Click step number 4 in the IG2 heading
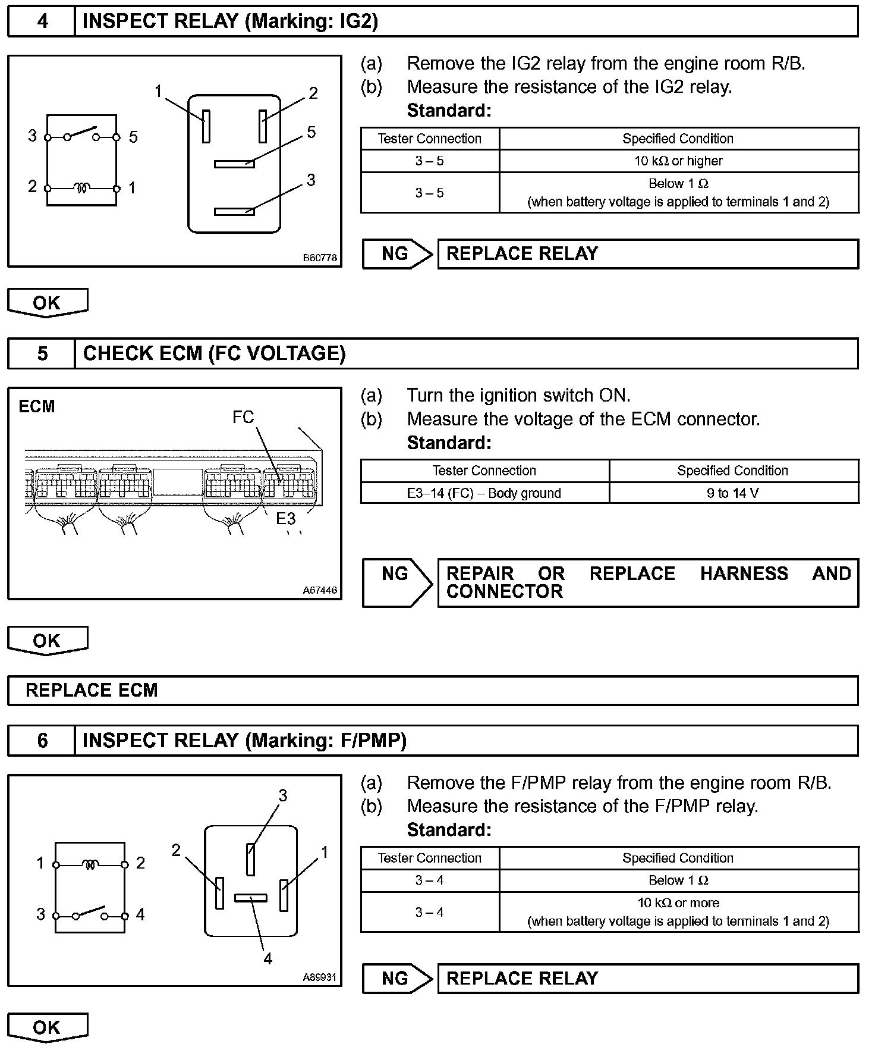[x=42, y=21]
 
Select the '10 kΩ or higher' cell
[x=678, y=161]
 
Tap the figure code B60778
[x=320, y=258]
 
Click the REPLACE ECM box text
[x=92, y=690]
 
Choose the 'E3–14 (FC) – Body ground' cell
[x=484, y=493]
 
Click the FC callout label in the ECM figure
[x=243, y=418]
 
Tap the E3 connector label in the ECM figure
[x=285, y=519]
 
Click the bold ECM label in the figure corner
[x=37, y=407]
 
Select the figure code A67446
[x=320, y=590]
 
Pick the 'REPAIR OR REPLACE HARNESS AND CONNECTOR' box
[x=648, y=582]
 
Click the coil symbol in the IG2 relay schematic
[x=82, y=188]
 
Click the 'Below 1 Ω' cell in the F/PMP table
[x=678, y=880]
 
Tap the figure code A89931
[x=320, y=977]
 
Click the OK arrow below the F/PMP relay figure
[x=47, y=1028]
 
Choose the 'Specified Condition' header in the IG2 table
[x=678, y=139]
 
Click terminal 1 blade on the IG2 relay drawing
[x=206, y=126]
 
